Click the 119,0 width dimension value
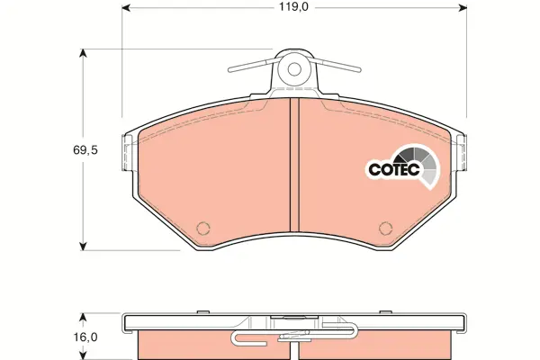[x=293, y=6]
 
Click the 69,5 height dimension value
[x=85, y=150]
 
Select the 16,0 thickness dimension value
[x=85, y=337]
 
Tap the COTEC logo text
[x=394, y=169]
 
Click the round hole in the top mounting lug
[x=294, y=69]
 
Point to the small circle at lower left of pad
[x=203, y=228]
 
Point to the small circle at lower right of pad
[x=385, y=228]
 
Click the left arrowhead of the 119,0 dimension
[x=126, y=7]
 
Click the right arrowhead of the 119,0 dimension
[x=463, y=7]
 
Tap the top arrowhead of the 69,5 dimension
[x=83, y=53]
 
